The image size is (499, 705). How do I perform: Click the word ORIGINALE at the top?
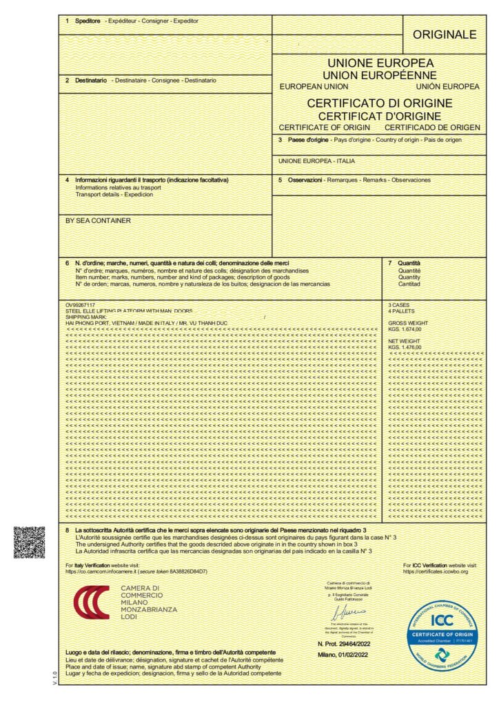(x=445, y=34)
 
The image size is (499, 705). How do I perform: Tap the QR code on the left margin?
(x=29, y=542)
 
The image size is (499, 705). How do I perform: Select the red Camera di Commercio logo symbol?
(x=92, y=602)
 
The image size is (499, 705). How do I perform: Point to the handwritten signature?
(x=347, y=613)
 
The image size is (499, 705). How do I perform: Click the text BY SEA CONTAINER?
(x=98, y=221)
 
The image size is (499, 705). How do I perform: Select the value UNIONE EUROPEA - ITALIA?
(x=317, y=160)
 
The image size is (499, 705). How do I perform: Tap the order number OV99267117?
(x=81, y=304)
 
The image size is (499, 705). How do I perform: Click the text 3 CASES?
(x=400, y=304)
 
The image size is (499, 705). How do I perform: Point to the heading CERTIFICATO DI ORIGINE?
(x=379, y=103)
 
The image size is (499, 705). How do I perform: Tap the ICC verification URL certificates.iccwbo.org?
(x=436, y=571)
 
